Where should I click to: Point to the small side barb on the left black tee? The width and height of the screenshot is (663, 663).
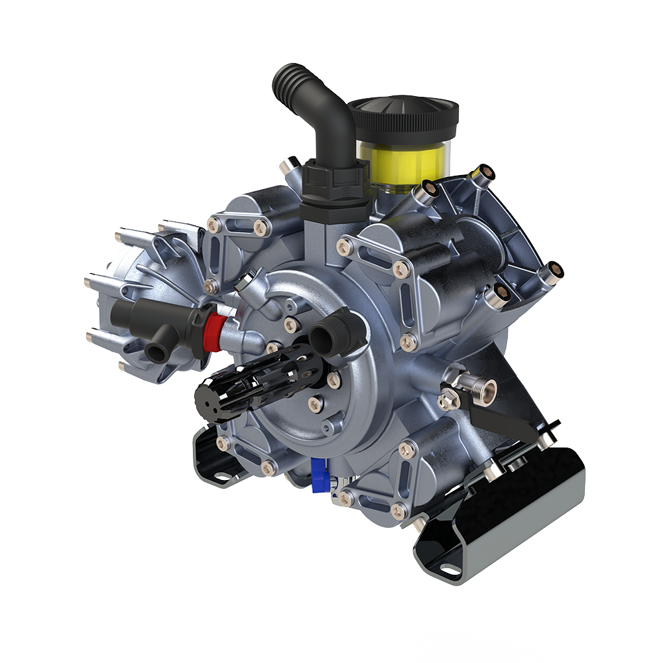click(x=157, y=351)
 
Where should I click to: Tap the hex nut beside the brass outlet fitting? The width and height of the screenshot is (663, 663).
click(x=450, y=400)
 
